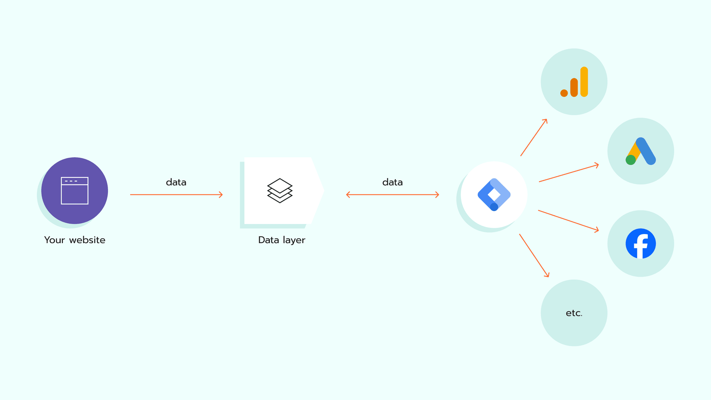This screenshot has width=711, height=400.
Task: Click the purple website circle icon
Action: tap(75, 191)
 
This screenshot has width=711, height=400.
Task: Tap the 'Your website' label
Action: tap(75, 240)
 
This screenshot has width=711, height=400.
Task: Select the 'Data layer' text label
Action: tap(282, 240)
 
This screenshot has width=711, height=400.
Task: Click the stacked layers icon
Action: tap(280, 191)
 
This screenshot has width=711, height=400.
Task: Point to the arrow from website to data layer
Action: tap(176, 195)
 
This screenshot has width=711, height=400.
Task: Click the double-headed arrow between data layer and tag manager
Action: tap(392, 195)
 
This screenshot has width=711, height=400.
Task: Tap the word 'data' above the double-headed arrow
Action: tap(392, 182)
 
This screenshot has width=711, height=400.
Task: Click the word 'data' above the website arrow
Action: tap(176, 182)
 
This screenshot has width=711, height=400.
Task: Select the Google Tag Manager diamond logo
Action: tap(494, 194)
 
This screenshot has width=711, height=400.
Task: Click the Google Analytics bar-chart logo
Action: tap(574, 82)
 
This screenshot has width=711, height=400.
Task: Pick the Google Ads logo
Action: tap(641, 151)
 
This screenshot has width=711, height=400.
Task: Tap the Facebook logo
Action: tap(641, 243)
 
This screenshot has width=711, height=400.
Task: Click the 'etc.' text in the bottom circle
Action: tap(574, 313)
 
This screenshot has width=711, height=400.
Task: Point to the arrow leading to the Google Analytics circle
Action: tap(534, 137)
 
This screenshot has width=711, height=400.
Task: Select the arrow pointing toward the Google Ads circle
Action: tap(569, 173)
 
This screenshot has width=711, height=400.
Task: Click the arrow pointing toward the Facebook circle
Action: tap(568, 220)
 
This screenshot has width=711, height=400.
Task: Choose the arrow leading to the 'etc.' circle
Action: tap(534, 256)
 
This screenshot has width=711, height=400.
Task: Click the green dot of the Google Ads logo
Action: tap(630, 160)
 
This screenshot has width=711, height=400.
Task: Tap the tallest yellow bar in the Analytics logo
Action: tap(584, 82)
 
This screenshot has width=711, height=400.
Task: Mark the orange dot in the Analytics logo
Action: tap(564, 93)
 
